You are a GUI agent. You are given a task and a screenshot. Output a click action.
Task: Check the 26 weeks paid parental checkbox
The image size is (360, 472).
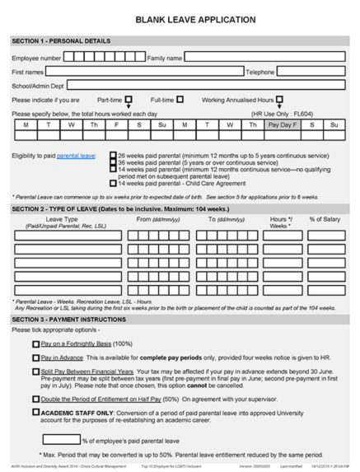(114, 156)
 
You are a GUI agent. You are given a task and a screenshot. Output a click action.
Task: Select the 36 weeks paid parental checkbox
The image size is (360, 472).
(114, 162)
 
